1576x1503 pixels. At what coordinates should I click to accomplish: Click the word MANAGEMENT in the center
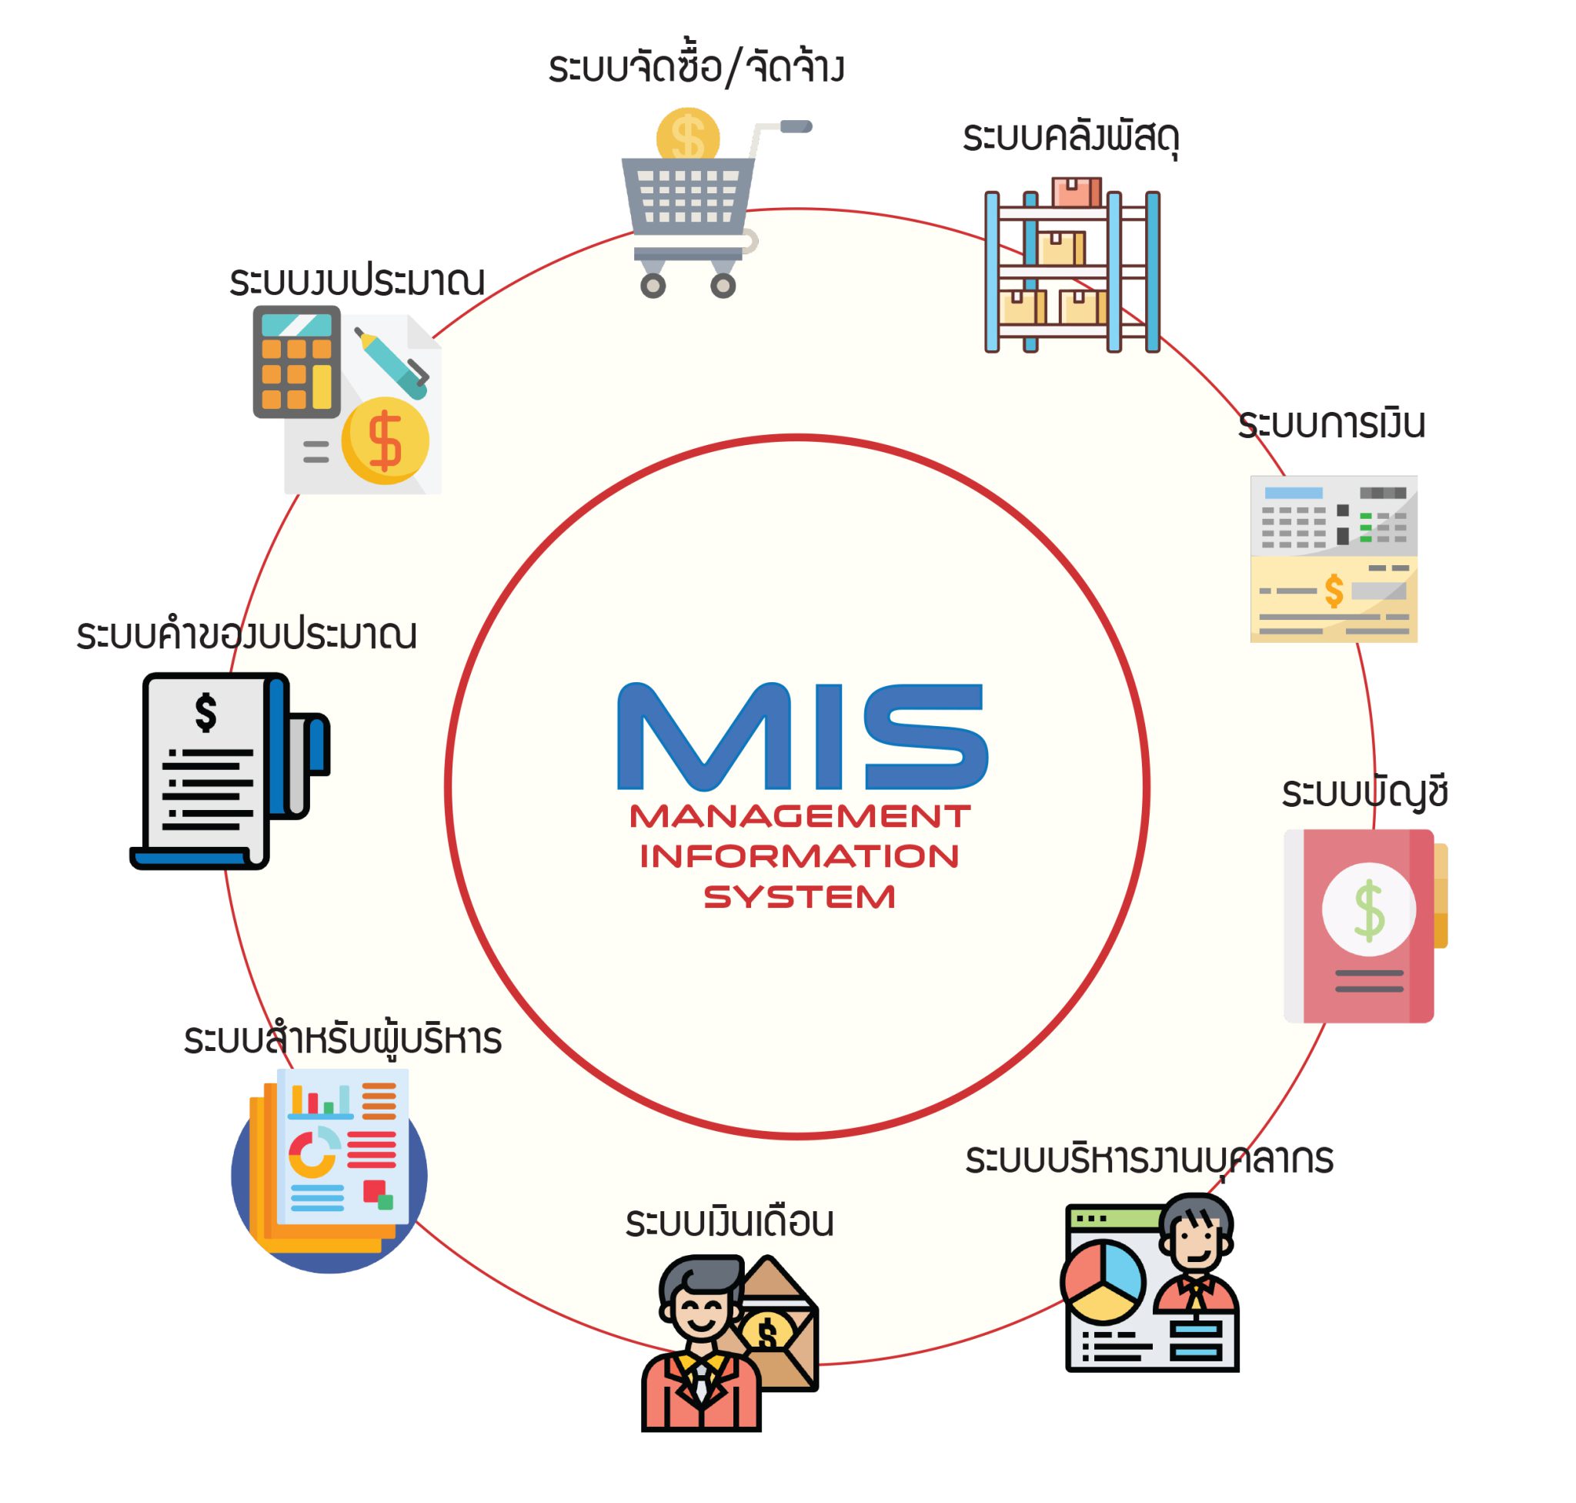click(x=800, y=816)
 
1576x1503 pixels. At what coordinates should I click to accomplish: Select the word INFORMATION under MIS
click(x=800, y=856)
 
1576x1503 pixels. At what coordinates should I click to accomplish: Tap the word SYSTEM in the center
click(x=800, y=896)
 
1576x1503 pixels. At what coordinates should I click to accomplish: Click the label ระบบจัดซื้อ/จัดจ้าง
click(x=696, y=68)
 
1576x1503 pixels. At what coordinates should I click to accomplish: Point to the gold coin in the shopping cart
click(x=687, y=137)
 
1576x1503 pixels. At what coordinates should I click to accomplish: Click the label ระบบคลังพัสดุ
click(x=1070, y=138)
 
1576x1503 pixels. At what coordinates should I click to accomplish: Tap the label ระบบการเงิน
click(x=1331, y=423)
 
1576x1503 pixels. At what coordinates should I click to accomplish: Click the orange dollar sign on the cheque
click(x=1334, y=591)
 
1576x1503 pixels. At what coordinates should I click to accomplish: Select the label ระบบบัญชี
click(x=1364, y=792)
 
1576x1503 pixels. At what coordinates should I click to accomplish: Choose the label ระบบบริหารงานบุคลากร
click(x=1148, y=1160)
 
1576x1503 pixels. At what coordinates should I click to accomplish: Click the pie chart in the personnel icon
click(x=1104, y=1281)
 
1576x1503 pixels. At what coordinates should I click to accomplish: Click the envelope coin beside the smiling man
click(x=766, y=1333)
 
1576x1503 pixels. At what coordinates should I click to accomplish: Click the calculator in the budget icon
click(x=296, y=361)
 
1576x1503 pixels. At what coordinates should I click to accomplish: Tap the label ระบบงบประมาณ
click(x=357, y=282)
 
